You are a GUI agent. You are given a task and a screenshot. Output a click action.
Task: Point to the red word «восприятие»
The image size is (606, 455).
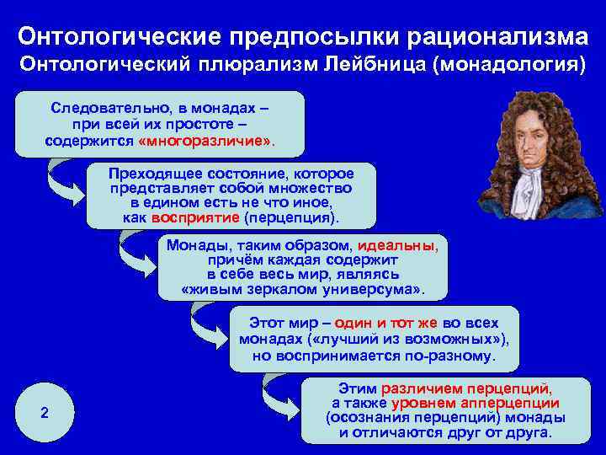pyautogui.click(x=196, y=217)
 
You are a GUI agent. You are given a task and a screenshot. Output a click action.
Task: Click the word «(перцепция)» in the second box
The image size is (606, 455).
pyautogui.click(x=290, y=217)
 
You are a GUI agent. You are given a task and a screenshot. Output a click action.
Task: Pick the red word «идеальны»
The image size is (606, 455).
pyautogui.click(x=397, y=245)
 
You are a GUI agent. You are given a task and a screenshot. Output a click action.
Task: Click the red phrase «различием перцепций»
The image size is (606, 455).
pyautogui.click(x=467, y=388)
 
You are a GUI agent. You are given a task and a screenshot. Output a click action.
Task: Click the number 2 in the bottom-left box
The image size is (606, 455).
pyautogui.click(x=45, y=413)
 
